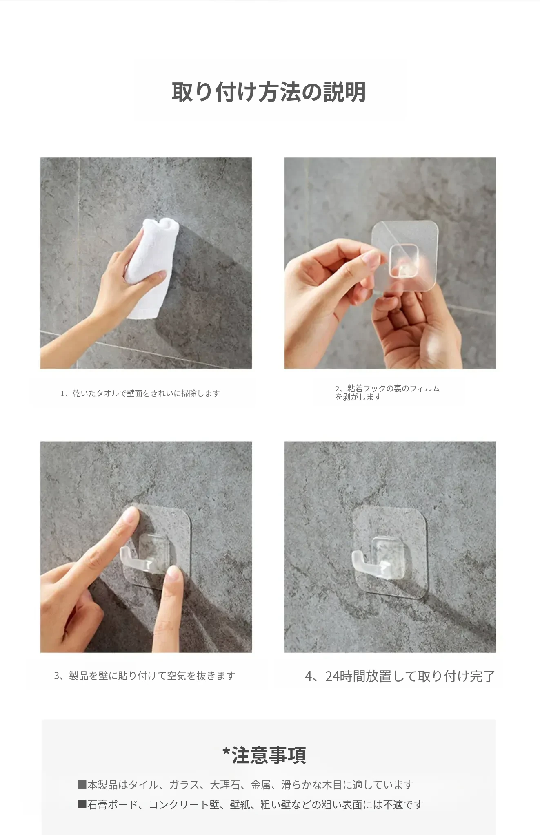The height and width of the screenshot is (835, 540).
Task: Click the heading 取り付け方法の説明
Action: click(x=269, y=92)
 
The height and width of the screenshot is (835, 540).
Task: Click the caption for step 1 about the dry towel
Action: click(x=140, y=393)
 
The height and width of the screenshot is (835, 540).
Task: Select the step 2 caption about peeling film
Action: click(x=387, y=393)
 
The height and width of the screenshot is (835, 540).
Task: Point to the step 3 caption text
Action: click(x=144, y=676)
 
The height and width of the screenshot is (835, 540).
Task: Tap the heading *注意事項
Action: click(x=264, y=755)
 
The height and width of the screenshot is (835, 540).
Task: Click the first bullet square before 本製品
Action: click(x=82, y=784)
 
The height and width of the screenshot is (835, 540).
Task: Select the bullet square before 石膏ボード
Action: click(x=82, y=804)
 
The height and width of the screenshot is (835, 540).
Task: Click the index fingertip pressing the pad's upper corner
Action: click(x=131, y=515)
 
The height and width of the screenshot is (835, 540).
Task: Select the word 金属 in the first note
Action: click(x=260, y=785)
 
